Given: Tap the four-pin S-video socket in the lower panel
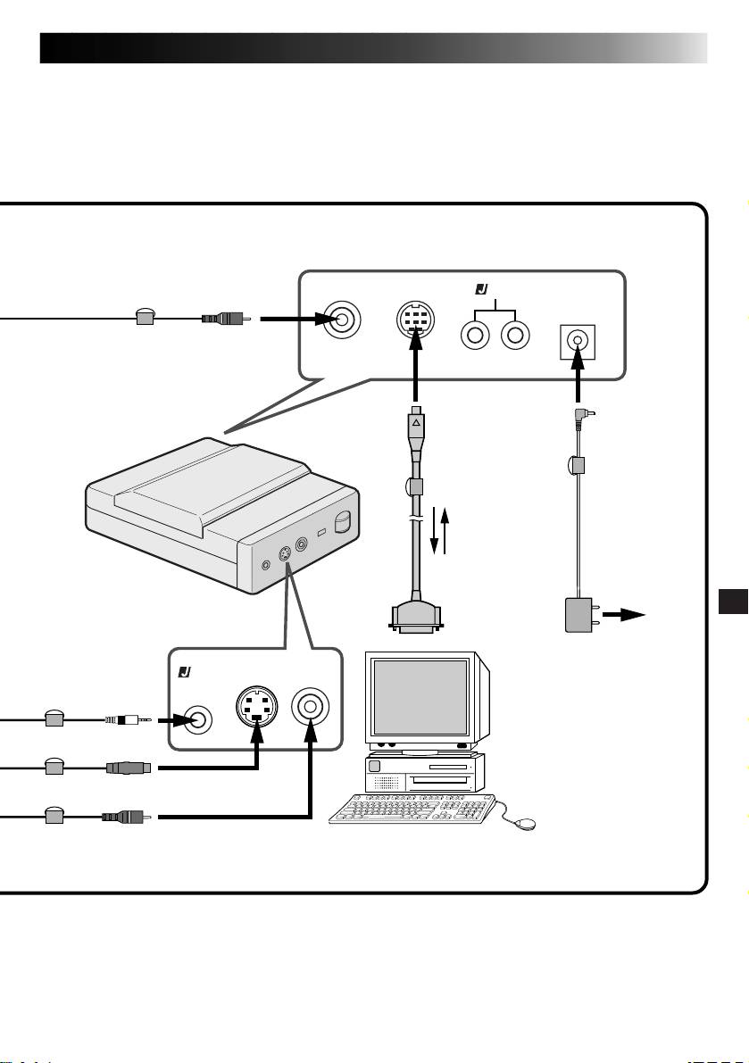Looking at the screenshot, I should point(256,709).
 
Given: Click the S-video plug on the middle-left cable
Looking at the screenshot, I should point(130,767).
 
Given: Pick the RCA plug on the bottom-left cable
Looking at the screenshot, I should point(127,816).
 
